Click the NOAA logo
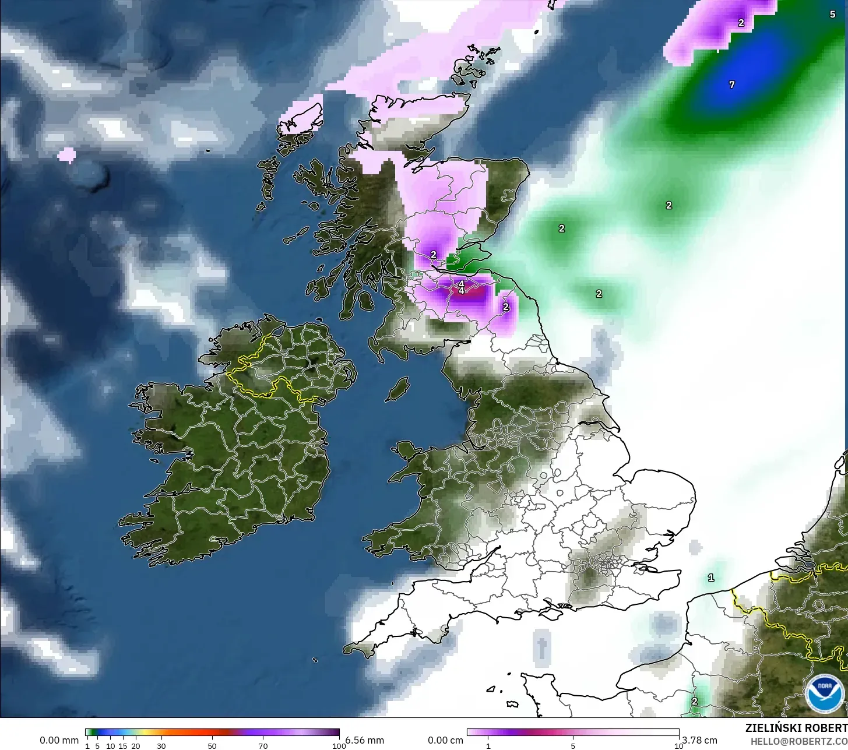click(824, 693)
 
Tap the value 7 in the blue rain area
click(732, 84)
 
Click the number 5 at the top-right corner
click(832, 15)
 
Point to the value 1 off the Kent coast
click(710, 578)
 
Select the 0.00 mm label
click(59, 740)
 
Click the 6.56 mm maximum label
click(365, 740)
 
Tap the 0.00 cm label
click(445, 740)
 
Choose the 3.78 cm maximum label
click(699, 740)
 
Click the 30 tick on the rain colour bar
click(161, 746)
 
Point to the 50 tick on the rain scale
click(212, 746)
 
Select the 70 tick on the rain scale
click(263, 746)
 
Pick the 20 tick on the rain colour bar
click(136, 746)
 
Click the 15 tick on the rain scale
click(123, 746)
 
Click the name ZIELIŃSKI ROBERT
click(796, 728)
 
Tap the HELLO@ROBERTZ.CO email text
click(798, 741)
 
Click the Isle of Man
click(398, 388)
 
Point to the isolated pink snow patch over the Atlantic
click(67, 154)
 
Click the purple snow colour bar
click(572, 733)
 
